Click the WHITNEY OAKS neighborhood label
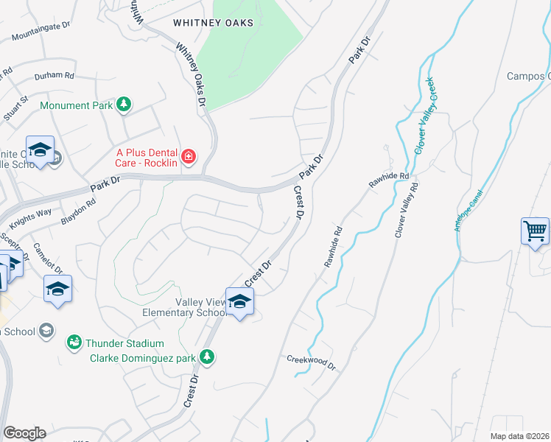click(213, 23)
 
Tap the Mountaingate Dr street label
click(41, 29)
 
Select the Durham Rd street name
click(55, 76)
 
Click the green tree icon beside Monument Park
click(124, 105)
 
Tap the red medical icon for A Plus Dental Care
click(189, 155)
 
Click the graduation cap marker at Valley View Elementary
click(239, 302)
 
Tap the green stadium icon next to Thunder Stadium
click(74, 343)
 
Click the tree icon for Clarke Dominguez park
click(208, 357)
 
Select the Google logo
click(24, 433)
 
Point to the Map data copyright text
click(520, 436)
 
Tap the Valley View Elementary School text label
click(184, 307)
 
